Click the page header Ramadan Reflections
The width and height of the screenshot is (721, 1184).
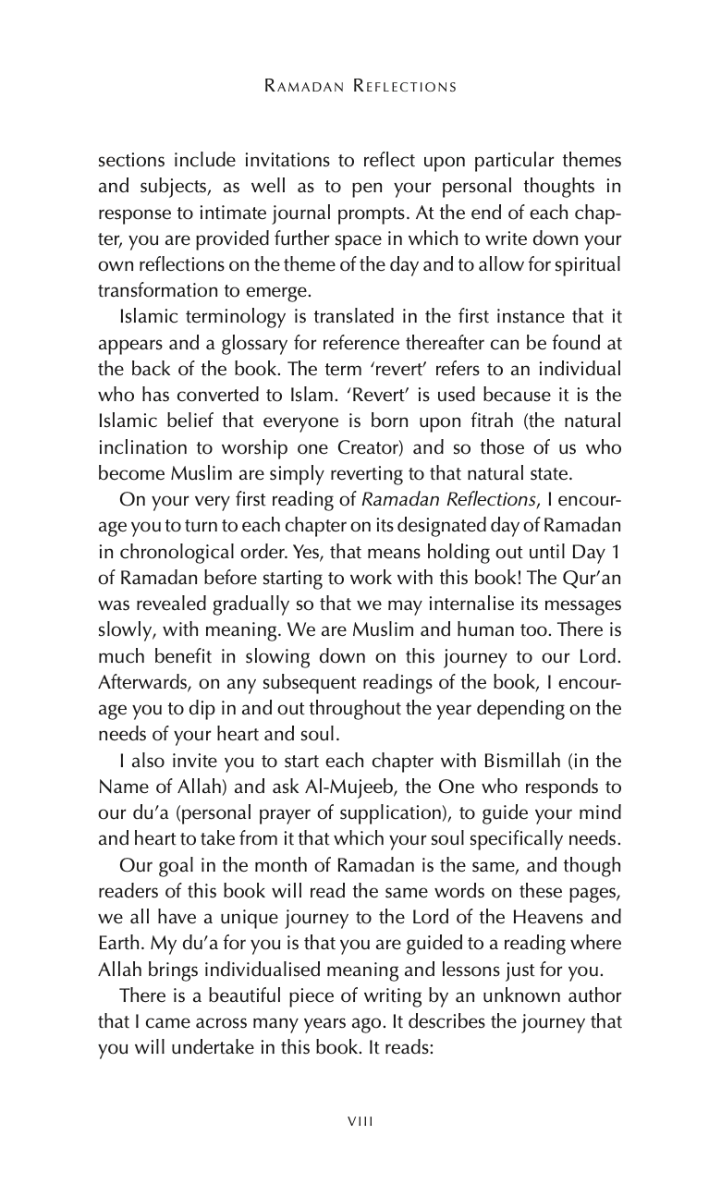pyautogui.click(x=360, y=87)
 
